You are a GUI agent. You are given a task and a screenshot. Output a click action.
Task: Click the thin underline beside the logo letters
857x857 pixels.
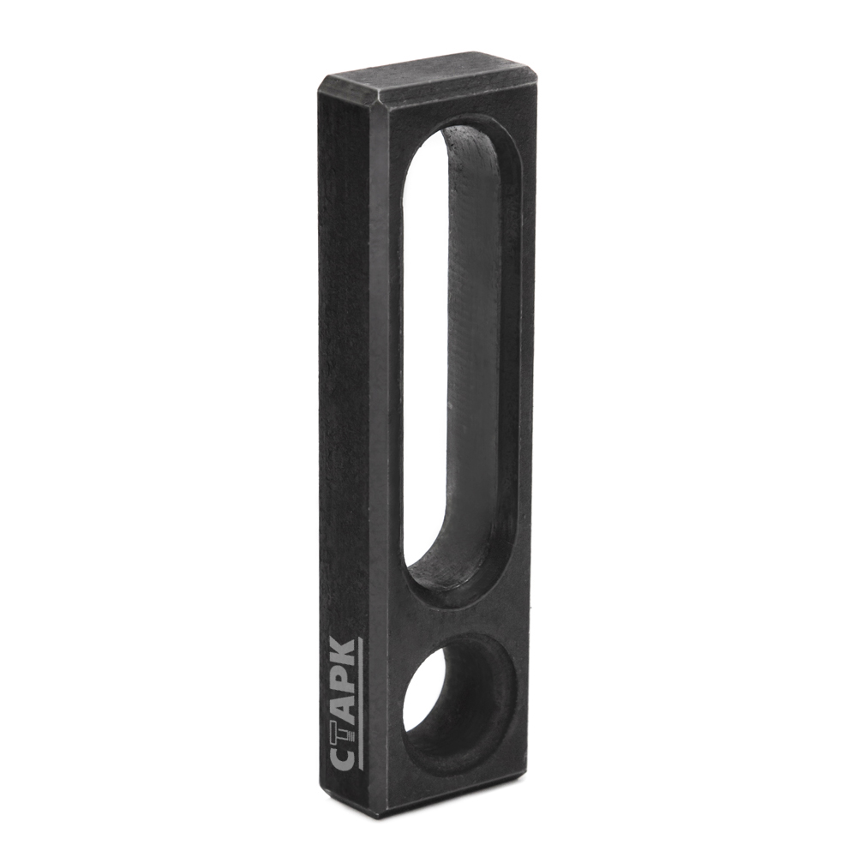362,705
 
